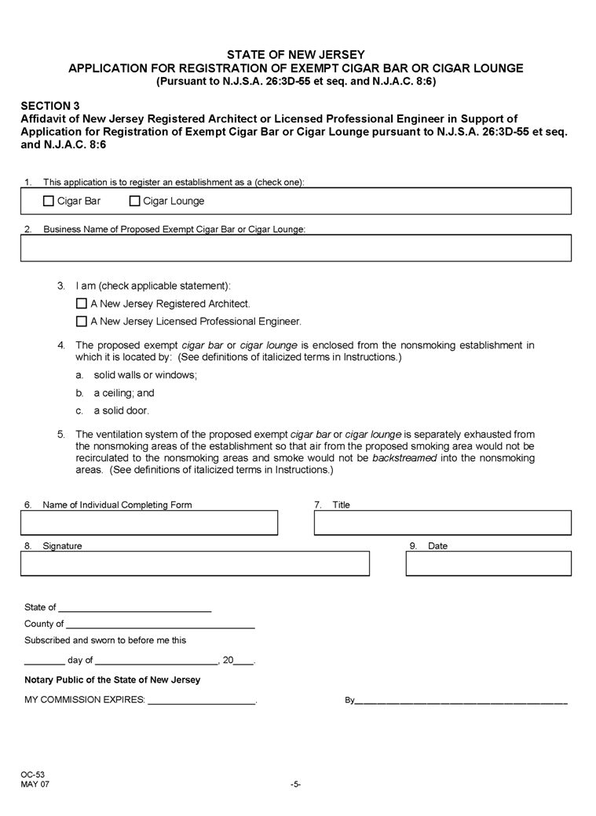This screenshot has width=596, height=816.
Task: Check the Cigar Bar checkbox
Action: tap(49, 201)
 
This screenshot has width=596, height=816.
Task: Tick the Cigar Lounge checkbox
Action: tap(134, 201)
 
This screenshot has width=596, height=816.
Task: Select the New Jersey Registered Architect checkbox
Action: tap(81, 303)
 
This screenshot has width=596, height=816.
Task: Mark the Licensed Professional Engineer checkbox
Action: tap(81, 321)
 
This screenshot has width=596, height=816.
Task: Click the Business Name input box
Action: tap(296, 248)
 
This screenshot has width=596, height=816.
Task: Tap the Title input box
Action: tap(442, 523)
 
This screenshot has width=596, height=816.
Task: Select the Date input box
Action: tap(488, 563)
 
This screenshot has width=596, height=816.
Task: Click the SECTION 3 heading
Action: tap(50, 104)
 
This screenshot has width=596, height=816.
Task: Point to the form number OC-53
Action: tap(33, 774)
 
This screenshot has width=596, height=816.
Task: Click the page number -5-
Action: tap(296, 784)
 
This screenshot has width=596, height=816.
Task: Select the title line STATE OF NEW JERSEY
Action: tap(296, 55)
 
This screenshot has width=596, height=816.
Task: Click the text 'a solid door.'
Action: tap(121, 410)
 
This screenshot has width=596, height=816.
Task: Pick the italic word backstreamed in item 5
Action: tap(404, 457)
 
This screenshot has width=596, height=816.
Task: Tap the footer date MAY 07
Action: tap(35, 784)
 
